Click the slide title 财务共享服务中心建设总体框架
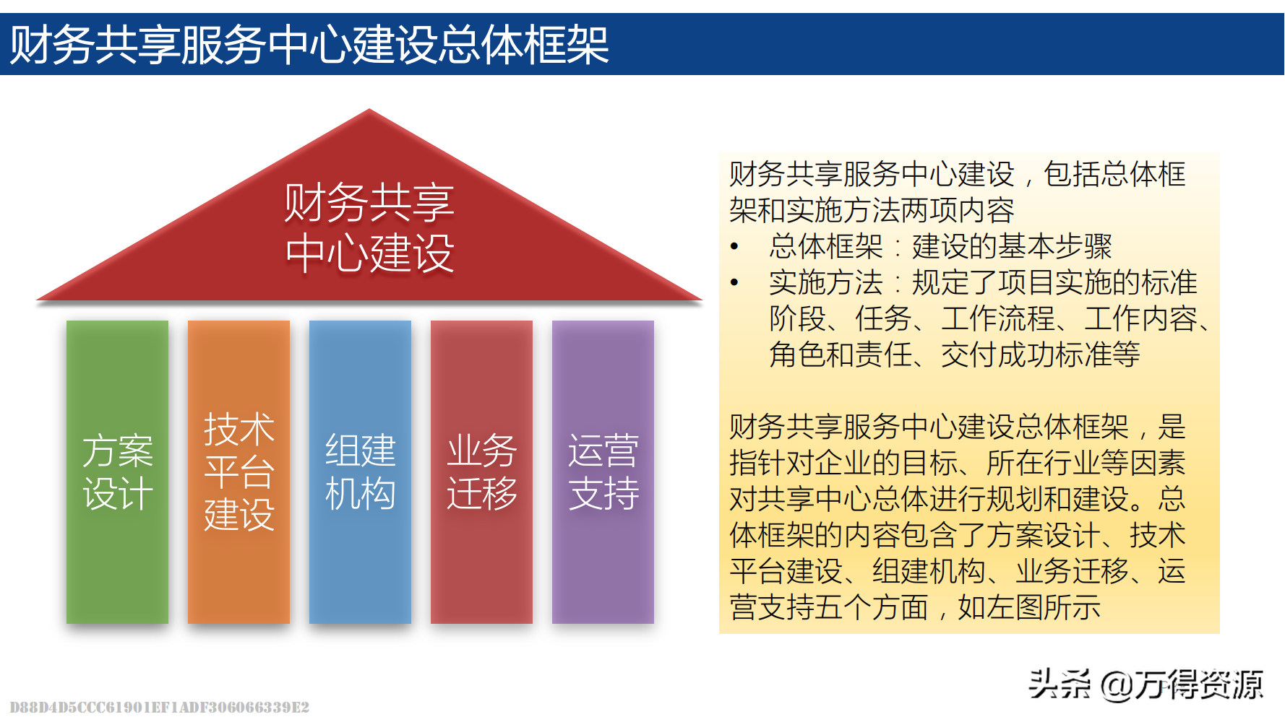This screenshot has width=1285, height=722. point(309,45)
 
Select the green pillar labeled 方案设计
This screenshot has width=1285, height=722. point(117,472)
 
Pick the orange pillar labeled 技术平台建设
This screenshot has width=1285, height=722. point(238,472)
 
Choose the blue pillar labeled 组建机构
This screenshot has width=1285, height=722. point(360,472)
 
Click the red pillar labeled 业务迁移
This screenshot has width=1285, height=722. point(481,472)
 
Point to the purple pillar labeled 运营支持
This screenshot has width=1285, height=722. point(603,472)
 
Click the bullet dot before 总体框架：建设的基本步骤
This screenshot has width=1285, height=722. point(734,247)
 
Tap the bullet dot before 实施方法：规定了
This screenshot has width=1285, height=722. point(734,283)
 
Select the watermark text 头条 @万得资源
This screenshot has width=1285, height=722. point(1146,684)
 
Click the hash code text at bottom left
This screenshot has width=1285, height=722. point(159,707)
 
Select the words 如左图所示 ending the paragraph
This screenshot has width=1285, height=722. point(1029,607)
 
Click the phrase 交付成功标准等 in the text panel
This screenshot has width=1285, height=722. point(1041,355)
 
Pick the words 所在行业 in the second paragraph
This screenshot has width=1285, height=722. point(1044,463)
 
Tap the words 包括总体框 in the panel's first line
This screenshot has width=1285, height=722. point(1115,174)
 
